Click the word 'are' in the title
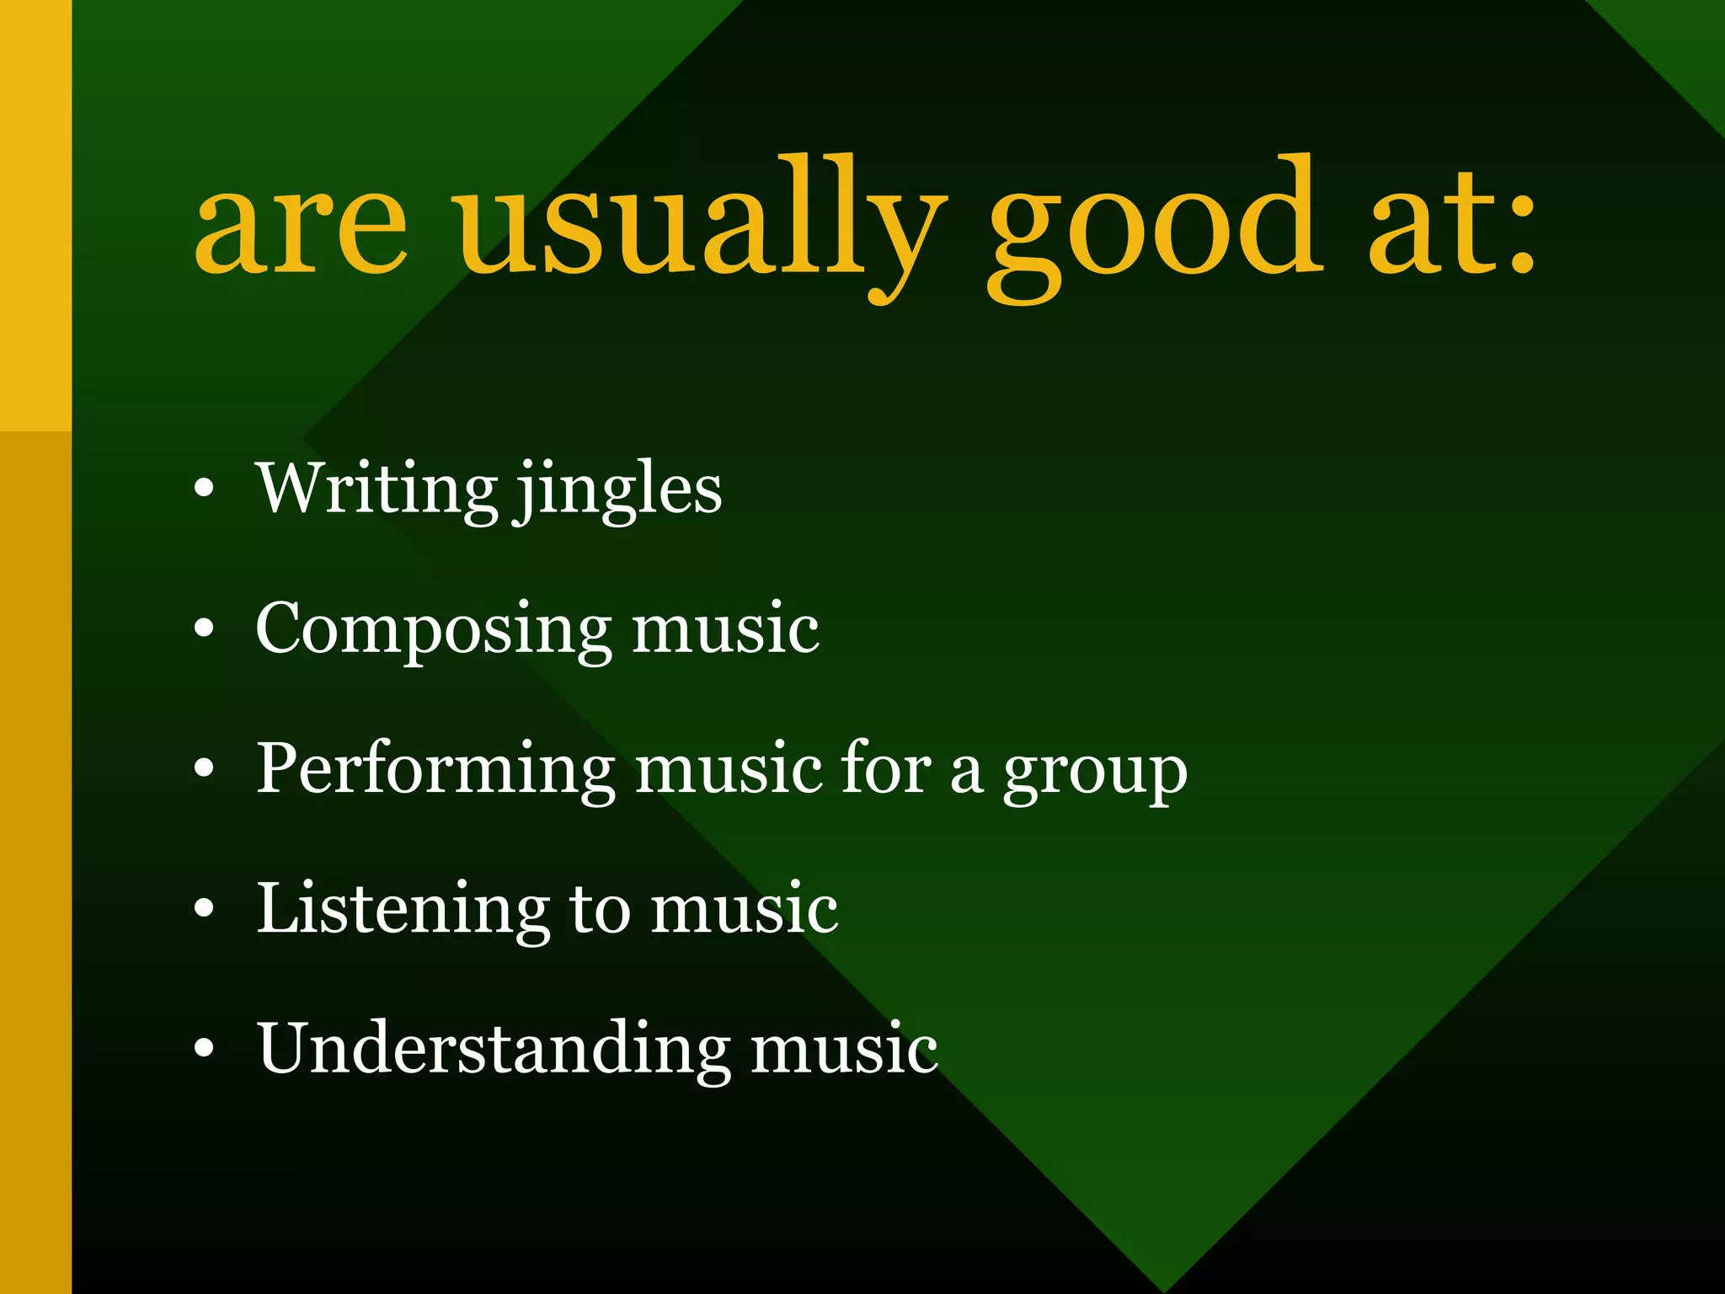tap(301, 230)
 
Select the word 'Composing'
tap(433, 630)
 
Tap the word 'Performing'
tap(435, 770)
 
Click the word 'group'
tap(1094, 773)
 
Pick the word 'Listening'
tap(403, 910)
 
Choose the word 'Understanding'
tap(493, 1051)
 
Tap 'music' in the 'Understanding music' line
tap(844, 1049)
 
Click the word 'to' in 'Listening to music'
tap(600, 910)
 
